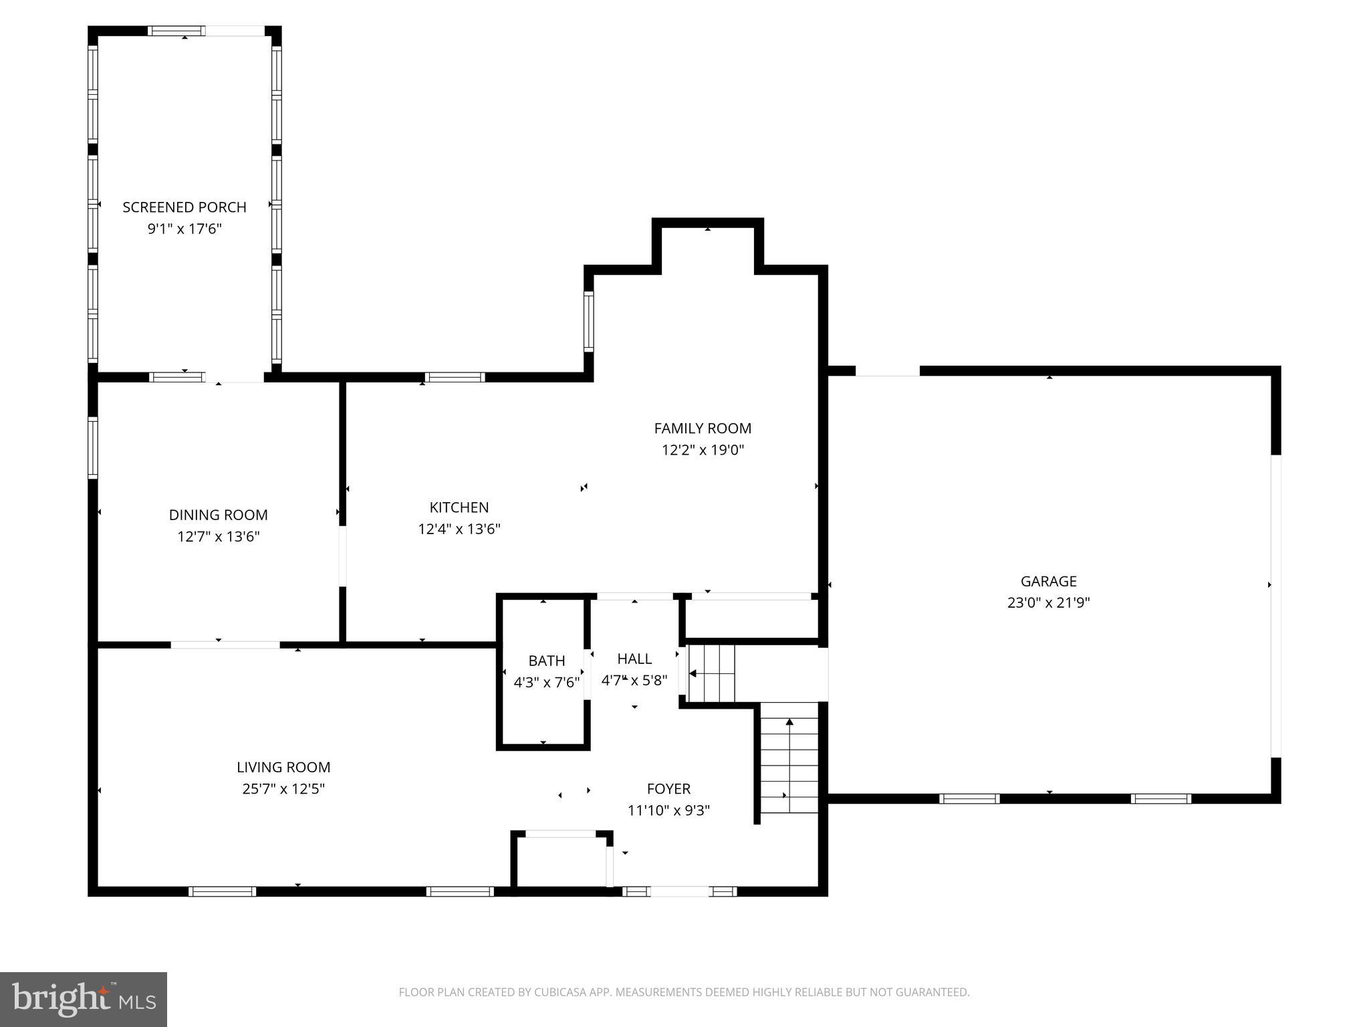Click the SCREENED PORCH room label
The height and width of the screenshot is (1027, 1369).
coord(184,207)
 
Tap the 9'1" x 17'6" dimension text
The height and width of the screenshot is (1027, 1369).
coord(184,229)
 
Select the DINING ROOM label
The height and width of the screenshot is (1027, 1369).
coord(218,515)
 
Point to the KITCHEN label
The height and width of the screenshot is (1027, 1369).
coord(459,507)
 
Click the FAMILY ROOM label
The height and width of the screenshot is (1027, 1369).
coord(703,429)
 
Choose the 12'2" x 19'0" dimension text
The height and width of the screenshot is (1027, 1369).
coord(703,450)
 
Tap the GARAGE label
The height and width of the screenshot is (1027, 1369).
coord(1048,581)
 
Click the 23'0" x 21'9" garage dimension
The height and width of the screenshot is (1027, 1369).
coord(1048,602)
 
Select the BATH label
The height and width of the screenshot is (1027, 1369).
coord(546,661)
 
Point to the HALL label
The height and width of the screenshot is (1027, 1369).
coord(634,659)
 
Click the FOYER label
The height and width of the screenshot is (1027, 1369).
coord(668,789)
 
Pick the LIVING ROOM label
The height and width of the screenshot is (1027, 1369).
coord(283,768)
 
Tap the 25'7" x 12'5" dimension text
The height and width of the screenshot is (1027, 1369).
coord(283,789)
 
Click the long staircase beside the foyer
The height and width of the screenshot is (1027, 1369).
coord(789,762)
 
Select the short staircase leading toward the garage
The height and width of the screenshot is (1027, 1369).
coord(712,673)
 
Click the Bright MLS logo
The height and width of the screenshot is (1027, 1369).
coord(84,999)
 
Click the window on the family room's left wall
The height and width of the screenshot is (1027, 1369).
coord(588,322)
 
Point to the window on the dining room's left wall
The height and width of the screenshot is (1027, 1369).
coord(93,447)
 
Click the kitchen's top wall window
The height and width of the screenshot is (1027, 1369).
coord(455,377)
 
